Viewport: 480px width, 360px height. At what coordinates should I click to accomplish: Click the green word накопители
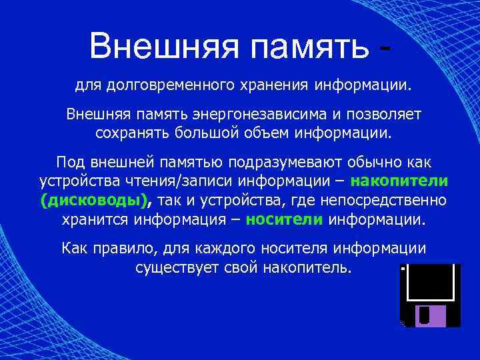click(x=399, y=181)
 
